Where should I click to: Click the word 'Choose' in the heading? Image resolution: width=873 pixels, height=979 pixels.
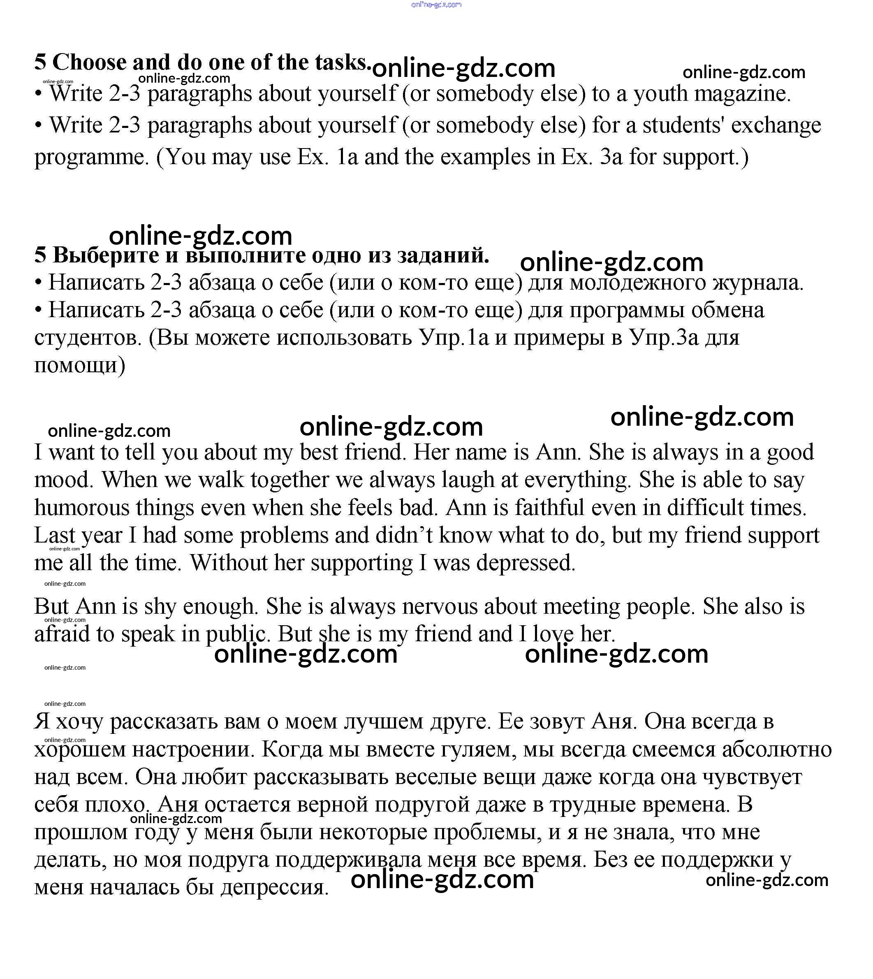pyautogui.click(x=89, y=63)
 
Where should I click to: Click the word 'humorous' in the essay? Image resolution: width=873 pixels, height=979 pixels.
pyautogui.click(x=81, y=508)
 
